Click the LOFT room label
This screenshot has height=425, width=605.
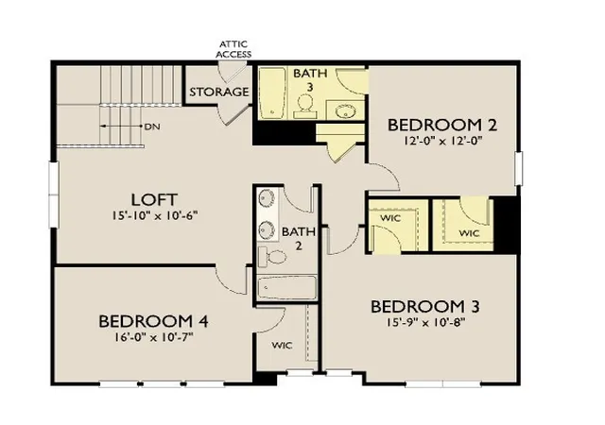pos(154,200)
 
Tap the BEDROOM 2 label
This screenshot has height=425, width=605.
pos(442,126)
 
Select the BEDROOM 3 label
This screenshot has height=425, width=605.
pos(425,307)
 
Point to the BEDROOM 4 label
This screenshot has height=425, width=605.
pos(153,321)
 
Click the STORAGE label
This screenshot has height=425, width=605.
pos(218,92)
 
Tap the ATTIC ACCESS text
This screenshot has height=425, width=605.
pos(233,49)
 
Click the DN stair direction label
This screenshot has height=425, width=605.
pos(152,127)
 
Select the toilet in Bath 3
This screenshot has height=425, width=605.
pos(304,106)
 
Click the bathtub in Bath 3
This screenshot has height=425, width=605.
pos(272,93)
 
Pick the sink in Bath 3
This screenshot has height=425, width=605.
pos(345,111)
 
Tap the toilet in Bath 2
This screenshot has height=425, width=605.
pos(272,257)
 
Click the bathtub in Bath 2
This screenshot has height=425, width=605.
pos(287,287)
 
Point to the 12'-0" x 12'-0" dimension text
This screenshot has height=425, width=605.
pos(443,141)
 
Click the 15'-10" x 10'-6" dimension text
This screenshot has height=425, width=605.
pos(155,215)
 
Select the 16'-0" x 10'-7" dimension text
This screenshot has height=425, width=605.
pos(153,337)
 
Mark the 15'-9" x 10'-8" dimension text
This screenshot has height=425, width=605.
pos(425,322)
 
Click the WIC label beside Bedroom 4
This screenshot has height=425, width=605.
pos(282,345)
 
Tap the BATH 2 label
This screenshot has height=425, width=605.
pos(299,239)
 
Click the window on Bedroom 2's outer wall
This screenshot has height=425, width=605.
pos(519,168)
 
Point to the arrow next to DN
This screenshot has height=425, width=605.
pos(121,127)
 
